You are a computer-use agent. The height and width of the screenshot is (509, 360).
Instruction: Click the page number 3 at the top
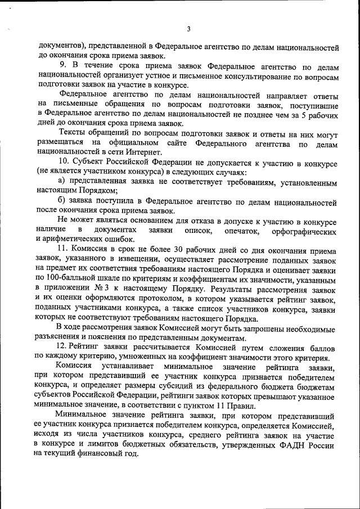189,29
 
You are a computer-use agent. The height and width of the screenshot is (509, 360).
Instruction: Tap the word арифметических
76,239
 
